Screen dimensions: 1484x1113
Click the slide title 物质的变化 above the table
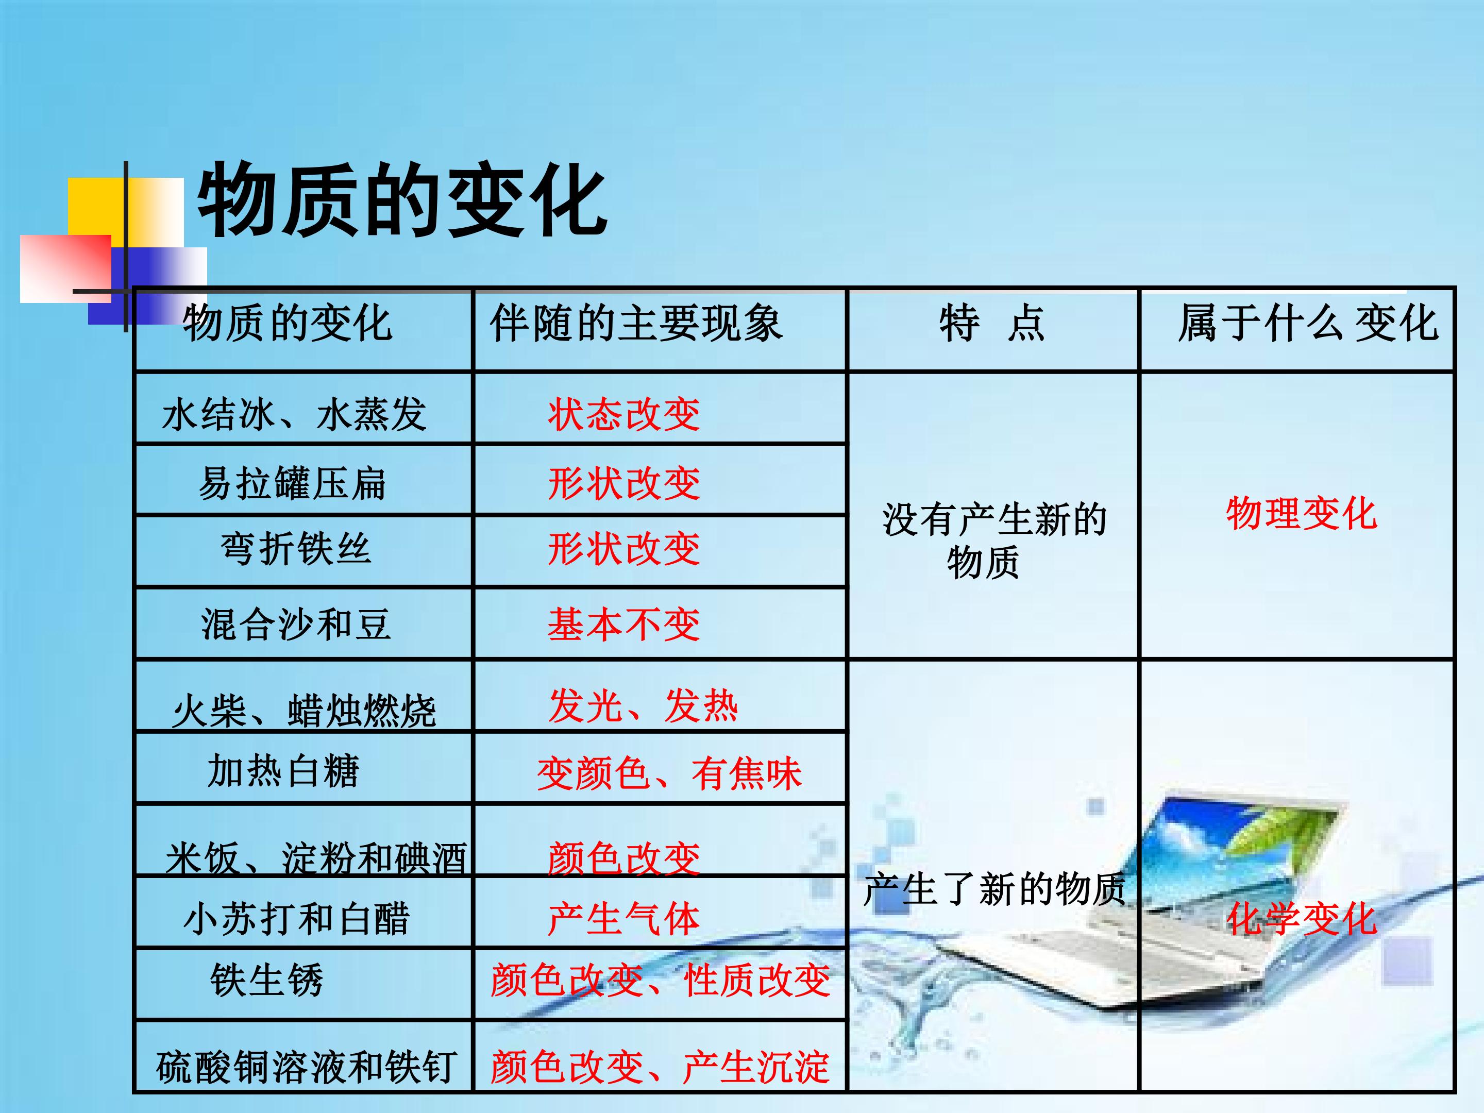click(x=401, y=200)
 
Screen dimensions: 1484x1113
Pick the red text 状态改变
click(x=624, y=414)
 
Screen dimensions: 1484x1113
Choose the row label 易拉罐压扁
click(x=293, y=483)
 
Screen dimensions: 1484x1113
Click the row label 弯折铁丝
click(x=295, y=548)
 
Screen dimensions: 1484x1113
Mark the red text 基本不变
click(x=624, y=624)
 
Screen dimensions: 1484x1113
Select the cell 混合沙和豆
click(x=295, y=624)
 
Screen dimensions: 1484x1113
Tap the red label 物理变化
click(x=1302, y=513)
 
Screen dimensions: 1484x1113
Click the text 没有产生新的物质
click(x=994, y=540)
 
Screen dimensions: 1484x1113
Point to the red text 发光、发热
click(x=643, y=706)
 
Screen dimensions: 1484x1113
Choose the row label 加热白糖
click(x=284, y=770)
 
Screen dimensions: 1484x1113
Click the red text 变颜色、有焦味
click(x=669, y=773)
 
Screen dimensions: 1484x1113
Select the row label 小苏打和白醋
click(x=296, y=918)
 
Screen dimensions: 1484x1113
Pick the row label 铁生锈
click(x=267, y=980)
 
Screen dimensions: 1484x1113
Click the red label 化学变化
click(x=1302, y=918)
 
